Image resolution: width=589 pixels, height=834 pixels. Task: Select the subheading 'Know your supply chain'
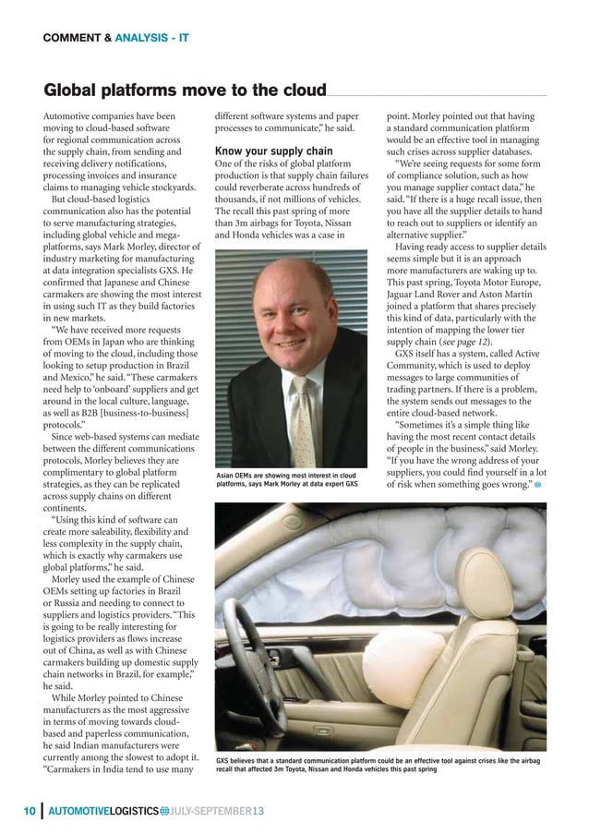point(273,151)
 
